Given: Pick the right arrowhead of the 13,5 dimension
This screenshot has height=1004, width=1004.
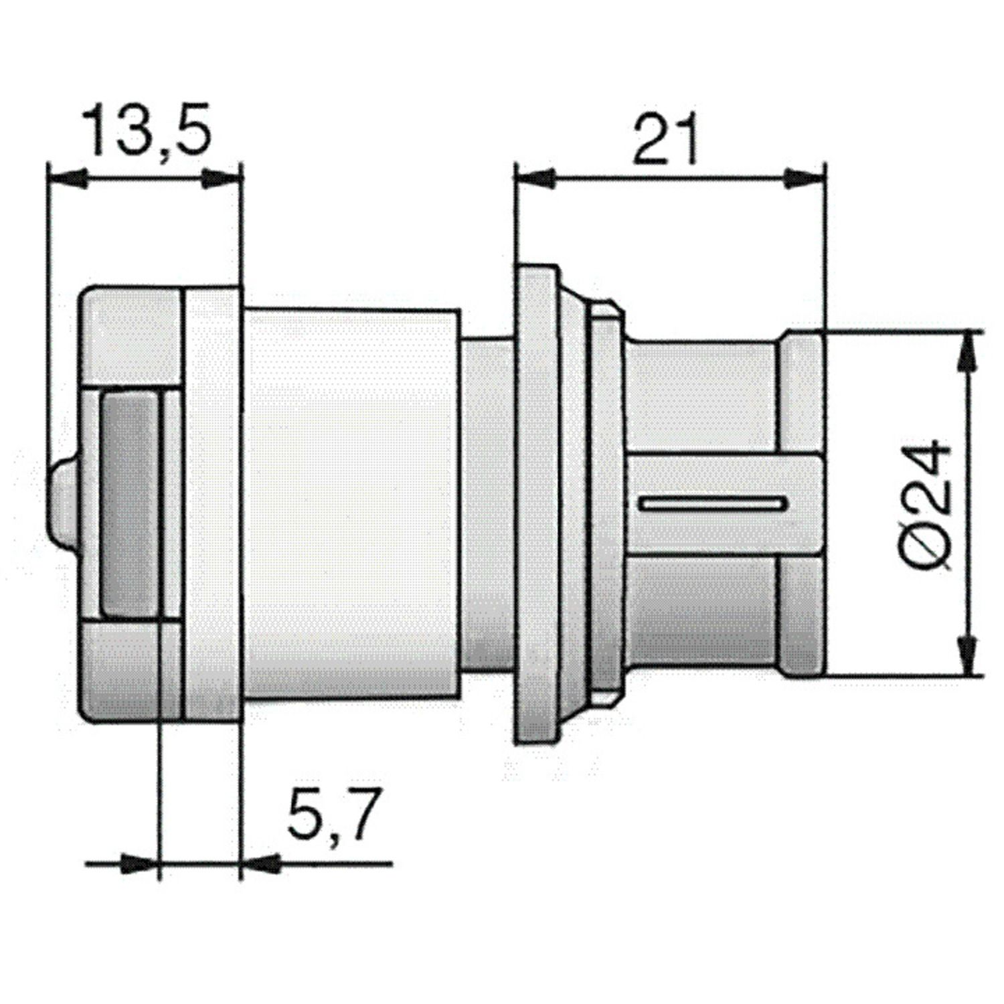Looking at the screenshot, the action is click(221, 179).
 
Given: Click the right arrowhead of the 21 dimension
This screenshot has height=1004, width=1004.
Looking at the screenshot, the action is click(806, 179).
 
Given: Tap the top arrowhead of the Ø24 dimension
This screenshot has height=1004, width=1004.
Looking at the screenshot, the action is click(965, 351).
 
